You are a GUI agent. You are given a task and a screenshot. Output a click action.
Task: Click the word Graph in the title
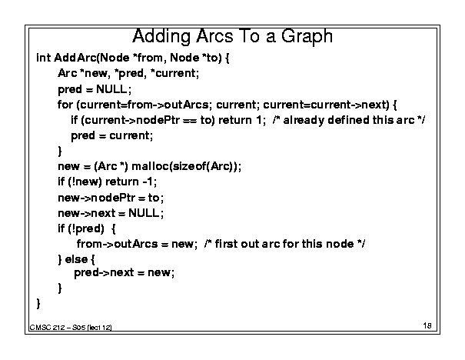click(x=307, y=37)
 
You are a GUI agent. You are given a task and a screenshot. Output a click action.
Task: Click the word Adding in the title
click(x=161, y=37)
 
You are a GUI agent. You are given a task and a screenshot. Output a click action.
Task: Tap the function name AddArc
click(x=75, y=58)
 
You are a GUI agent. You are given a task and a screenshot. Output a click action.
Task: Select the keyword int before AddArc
click(x=43, y=58)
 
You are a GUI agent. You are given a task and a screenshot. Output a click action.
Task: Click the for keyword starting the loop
click(x=65, y=105)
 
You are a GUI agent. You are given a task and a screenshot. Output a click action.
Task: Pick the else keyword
click(x=76, y=259)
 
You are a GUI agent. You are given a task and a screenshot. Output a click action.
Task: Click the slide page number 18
click(x=427, y=325)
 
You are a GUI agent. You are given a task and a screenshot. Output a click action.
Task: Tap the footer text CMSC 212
click(x=47, y=328)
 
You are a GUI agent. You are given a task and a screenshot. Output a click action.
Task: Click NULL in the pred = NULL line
click(x=111, y=89)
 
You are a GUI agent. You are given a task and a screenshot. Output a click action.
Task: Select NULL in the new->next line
click(x=144, y=213)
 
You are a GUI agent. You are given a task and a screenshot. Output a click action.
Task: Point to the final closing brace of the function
click(x=38, y=304)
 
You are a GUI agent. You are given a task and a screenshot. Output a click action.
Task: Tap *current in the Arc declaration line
click(x=174, y=73)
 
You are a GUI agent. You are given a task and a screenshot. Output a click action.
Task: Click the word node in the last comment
click(x=340, y=244)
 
